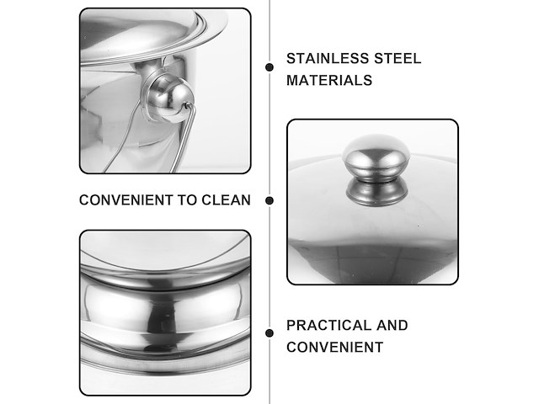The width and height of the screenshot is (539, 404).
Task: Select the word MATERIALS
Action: pos(329,81)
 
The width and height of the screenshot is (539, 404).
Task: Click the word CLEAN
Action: pos(226,200)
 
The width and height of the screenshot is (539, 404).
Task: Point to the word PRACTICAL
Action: pos(328,326)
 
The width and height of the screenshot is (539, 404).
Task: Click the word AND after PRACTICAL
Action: pos(392,326)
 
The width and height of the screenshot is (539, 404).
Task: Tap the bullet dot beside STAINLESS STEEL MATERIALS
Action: pos(269,67)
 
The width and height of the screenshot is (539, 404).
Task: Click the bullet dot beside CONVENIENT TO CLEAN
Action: pos(269,200)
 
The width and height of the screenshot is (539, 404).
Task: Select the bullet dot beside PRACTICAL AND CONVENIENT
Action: pos(269,333)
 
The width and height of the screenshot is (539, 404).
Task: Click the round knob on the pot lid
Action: pos(376,157)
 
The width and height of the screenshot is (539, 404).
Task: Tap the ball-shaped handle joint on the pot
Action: pos(170,99)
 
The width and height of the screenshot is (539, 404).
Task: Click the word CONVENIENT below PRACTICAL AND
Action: pos(335,348)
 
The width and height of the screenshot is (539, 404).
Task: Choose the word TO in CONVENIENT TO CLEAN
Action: pos(187,200)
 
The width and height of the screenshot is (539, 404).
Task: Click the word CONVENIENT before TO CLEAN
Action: pos(125,200)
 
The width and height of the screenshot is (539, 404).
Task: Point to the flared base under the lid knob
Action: pos(377,193)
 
